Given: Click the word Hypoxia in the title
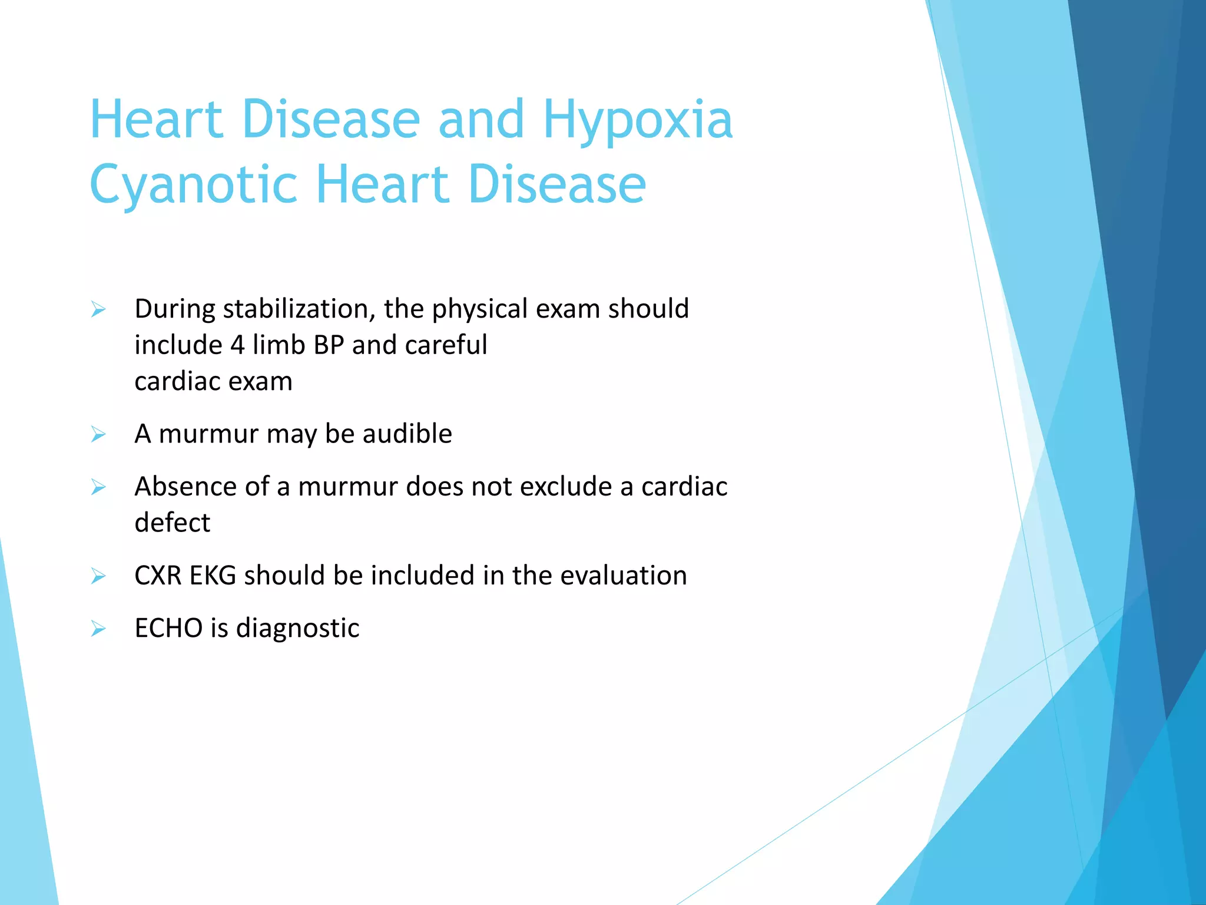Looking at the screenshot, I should click(x=637, y=121).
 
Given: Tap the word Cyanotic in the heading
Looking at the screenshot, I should click(x=193, y=186).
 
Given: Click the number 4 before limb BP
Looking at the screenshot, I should click(x=237, y=345).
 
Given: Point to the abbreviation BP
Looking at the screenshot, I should click(x=329, y=345).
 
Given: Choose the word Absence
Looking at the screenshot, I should click(x=185, y=487).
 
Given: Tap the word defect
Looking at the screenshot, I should click(x=172, y=523).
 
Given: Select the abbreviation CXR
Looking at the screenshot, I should click(x=158, y=576).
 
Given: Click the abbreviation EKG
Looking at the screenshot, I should click(x=213, y=576).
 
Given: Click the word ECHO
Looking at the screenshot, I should click(x=168, y=628).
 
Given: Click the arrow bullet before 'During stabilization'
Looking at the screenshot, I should click(x=98, y=309).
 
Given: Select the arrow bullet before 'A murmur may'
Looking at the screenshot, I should click(x=98, y=435).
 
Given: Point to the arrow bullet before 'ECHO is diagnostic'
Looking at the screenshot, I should click(x=98, y=629).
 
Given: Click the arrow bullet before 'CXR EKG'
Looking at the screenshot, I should click(x=98, y=576).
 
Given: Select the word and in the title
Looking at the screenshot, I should click(x=481, y=121).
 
